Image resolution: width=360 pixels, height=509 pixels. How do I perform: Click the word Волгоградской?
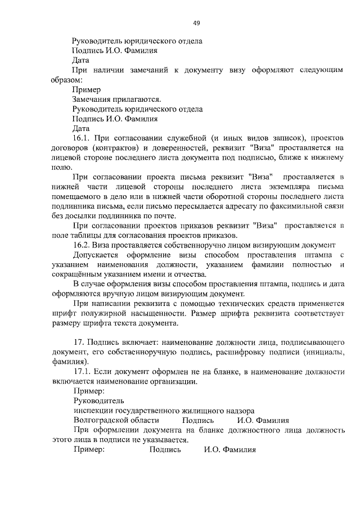coord(103,420)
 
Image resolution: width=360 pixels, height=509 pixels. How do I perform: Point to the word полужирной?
coord(125,313)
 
